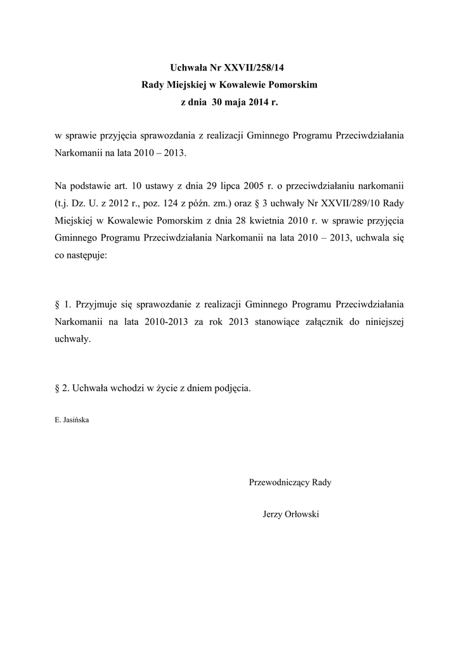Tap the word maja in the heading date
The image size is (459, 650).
237,102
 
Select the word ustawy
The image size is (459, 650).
169,187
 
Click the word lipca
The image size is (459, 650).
236,187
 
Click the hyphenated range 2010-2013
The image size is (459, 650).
167,322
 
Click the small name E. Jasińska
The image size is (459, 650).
72,420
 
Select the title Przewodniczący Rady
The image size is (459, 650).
291,482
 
